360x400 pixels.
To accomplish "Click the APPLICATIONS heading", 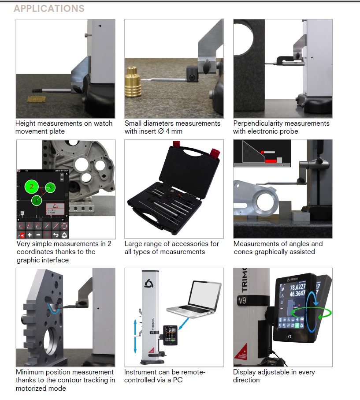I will pos(49,8).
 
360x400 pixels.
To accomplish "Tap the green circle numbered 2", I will pos(31,187).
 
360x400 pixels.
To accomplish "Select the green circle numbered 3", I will pos(50,187).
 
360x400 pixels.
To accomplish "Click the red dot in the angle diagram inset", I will pos(263,152).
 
